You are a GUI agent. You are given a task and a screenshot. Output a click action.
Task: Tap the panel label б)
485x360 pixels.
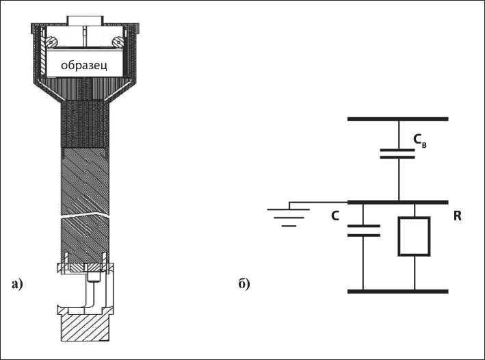[x=244, y=283]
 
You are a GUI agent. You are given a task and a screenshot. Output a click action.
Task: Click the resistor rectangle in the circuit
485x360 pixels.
[x=415, y=237]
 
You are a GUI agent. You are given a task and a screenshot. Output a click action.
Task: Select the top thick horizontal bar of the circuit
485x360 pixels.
[x=398, y=118]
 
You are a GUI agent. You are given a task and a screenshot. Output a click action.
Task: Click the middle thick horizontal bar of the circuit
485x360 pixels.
[x=398, y=203]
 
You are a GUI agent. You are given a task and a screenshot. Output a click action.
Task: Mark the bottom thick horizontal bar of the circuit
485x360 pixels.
[x=398, y=291]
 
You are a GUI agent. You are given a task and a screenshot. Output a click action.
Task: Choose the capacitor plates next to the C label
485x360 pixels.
[x=363, y=231]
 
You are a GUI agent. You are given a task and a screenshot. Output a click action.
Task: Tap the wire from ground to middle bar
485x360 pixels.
[x=318, y=203]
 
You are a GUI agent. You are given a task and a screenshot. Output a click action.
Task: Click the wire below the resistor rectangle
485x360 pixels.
[x=415, y=274]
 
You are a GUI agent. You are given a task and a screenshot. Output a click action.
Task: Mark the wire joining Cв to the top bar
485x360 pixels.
[x=398, y=133]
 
